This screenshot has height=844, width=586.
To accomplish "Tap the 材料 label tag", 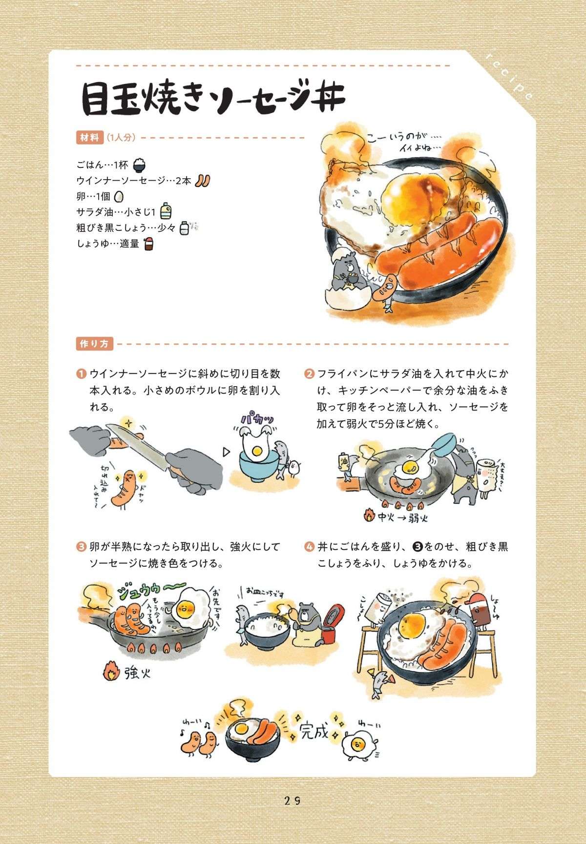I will (89, 138).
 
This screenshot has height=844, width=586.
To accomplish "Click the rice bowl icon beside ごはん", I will (139, 165).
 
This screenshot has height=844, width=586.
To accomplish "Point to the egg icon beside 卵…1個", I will (119, 196).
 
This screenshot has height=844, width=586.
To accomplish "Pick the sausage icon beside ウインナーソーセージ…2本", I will (202, 180).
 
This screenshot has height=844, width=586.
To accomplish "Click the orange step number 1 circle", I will (81, 374).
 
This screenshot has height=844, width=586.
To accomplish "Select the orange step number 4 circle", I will (309, 547).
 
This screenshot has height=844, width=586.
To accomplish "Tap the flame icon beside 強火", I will (111, 673).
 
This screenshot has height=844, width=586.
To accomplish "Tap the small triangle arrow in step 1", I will (226, 452).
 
